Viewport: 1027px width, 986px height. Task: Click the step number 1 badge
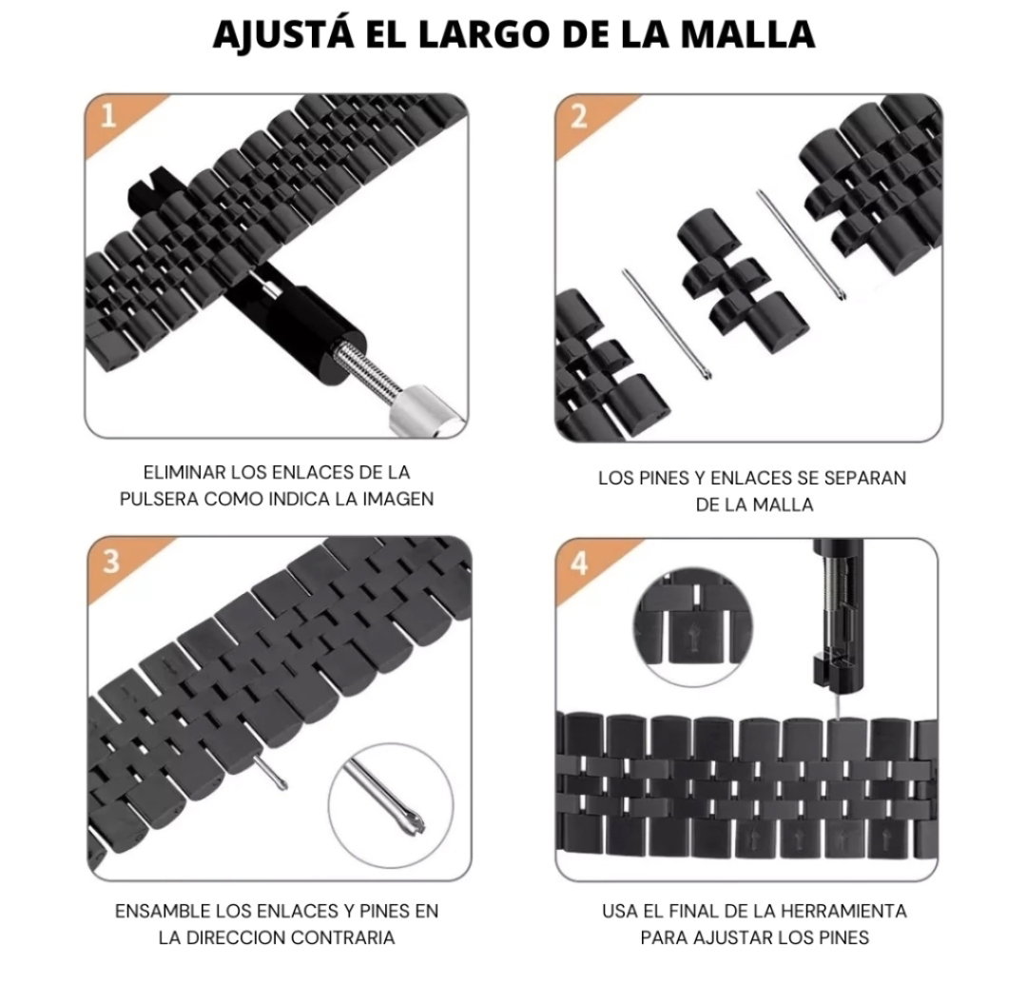point(108,117)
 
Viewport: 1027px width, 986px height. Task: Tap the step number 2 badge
point(579,117)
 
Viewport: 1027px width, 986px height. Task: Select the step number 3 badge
point(111,562)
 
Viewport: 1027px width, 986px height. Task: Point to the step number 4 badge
point(579,562)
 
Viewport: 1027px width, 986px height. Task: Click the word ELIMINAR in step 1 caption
point(184,472)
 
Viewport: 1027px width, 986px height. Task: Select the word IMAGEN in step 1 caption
point(397,499)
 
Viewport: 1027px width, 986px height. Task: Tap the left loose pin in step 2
point(668,325)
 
